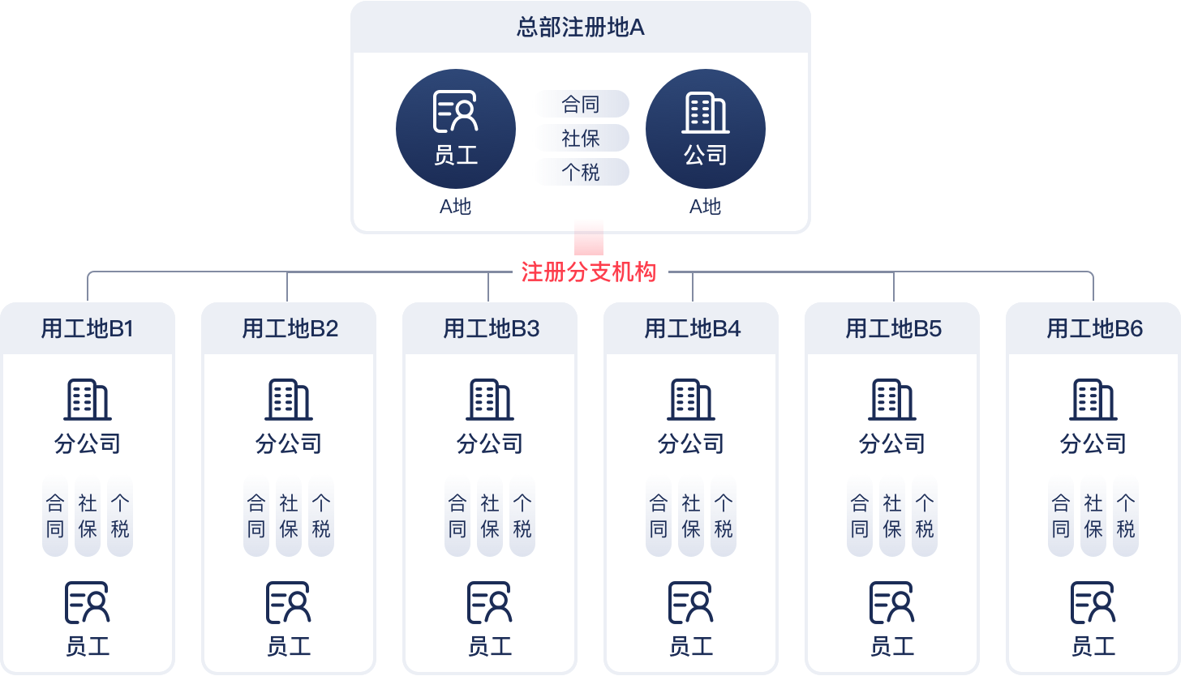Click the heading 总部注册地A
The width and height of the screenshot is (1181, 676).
click(581, 28)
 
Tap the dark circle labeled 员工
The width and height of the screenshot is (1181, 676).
click(456, 129)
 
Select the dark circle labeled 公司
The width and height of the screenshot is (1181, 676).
click(706, 129)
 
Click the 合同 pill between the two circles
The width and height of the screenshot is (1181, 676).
click(581, 104)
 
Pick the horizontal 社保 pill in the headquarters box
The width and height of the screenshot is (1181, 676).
click(581, 139)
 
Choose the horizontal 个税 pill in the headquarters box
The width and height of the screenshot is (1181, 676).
click(581, 173)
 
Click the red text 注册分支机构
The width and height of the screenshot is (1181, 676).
click(589, 272)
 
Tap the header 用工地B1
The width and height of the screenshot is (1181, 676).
click(88, 329)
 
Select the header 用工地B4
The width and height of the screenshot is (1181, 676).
click(693, 329)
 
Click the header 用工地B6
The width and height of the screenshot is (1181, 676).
click(1095, 329)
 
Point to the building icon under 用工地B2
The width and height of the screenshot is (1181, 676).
click(288, 400)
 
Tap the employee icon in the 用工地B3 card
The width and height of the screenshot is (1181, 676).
click(489, 602)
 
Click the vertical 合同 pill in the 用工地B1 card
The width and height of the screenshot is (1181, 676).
click(55, 517)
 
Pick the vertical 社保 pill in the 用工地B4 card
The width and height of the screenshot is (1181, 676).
click(691, 517)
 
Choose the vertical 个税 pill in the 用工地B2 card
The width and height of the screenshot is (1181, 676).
click(321, 517)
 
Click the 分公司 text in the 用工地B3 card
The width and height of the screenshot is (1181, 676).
click(490, 444)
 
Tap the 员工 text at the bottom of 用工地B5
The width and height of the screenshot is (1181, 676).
click(892, 646)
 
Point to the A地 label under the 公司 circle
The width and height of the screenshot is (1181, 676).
click(706, 207)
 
